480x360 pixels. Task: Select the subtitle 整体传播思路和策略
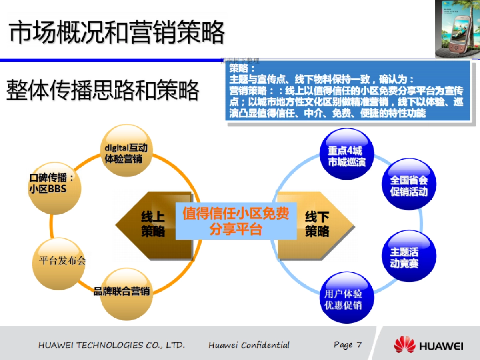(x=102, y=90)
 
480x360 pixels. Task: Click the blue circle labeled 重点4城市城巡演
(x=347, y=154)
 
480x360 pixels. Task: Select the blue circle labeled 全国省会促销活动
(x=409, y=184)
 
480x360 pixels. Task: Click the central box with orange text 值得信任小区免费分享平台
(x=236, y=221)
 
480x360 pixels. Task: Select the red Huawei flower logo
(x=404, y=345)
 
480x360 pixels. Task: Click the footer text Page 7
(x=348, y=344)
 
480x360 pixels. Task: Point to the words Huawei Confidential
(x=249, y=345)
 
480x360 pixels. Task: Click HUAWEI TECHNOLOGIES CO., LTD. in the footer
(x=112, y=345)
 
